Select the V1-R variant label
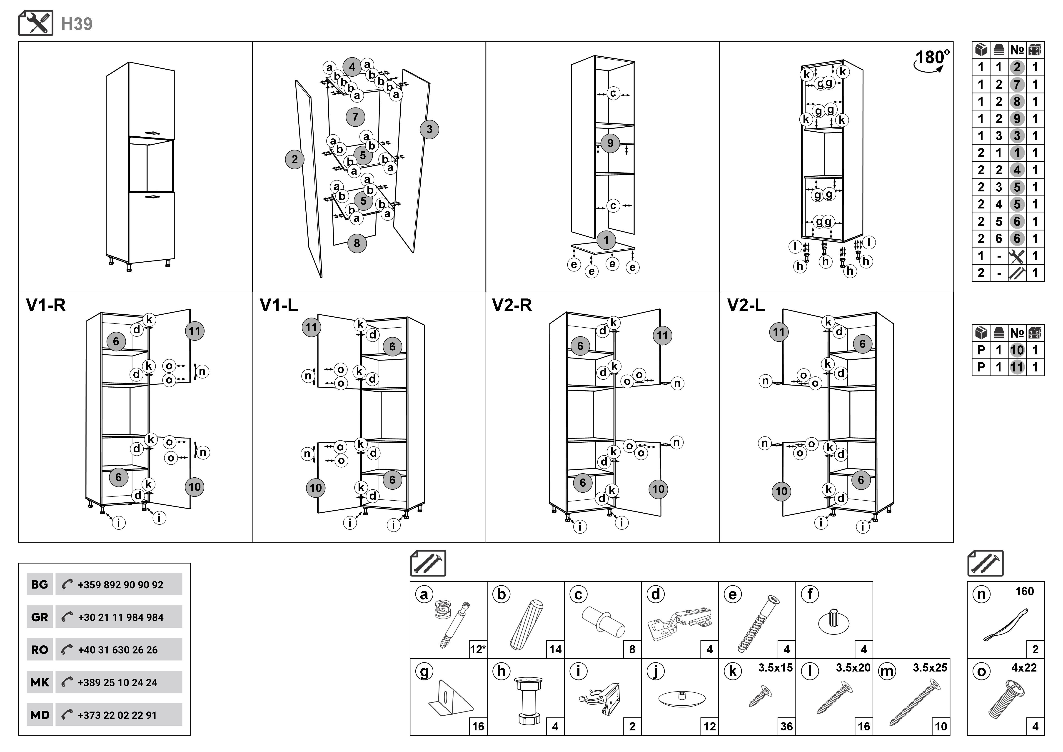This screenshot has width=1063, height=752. pyautogui.click(x=45, y=306)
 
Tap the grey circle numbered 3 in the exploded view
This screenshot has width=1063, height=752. pyautogui.click(x=429, y=129)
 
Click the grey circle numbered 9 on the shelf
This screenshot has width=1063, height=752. pyautogui.click(x=610, y=143)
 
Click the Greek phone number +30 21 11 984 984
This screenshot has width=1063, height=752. pyautogui.click(x=120, y=617)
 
